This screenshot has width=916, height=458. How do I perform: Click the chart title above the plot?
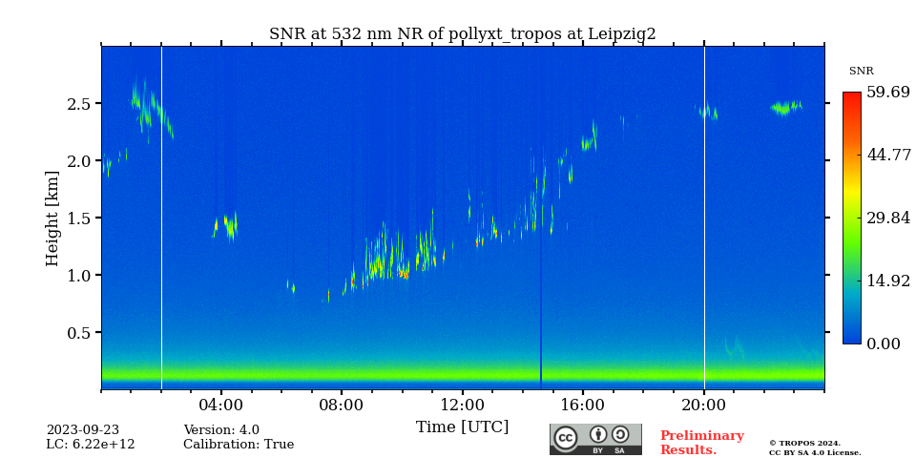click(x=462, y=34)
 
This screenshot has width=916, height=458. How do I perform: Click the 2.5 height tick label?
click(x=78, y=104)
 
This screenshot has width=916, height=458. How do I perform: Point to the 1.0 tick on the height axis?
click(x=78, y=276)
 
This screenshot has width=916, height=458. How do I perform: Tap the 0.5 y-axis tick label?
click(x=78, y=333)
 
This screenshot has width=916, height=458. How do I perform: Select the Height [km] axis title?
click(x=52, y=219)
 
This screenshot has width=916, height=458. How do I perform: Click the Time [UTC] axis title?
click(x=462, y=427)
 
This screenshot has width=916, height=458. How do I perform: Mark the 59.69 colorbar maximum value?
click(x=888, y=93)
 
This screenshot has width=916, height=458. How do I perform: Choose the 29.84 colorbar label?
click(x=888, y=218)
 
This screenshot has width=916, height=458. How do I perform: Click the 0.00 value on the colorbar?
click(x=885, y=343)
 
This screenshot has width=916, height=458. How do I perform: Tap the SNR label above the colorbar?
click(x=861, y=72)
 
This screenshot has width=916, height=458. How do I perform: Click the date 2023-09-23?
click(x=83, y=430)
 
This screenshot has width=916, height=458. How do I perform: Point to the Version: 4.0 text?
click(x=221, y=430)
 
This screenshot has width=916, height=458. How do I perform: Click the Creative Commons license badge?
click(x=595, y=439)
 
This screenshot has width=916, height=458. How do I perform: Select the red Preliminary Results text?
click(x=701, y=443)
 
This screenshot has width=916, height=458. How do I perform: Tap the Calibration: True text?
click(x=239, y=445)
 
